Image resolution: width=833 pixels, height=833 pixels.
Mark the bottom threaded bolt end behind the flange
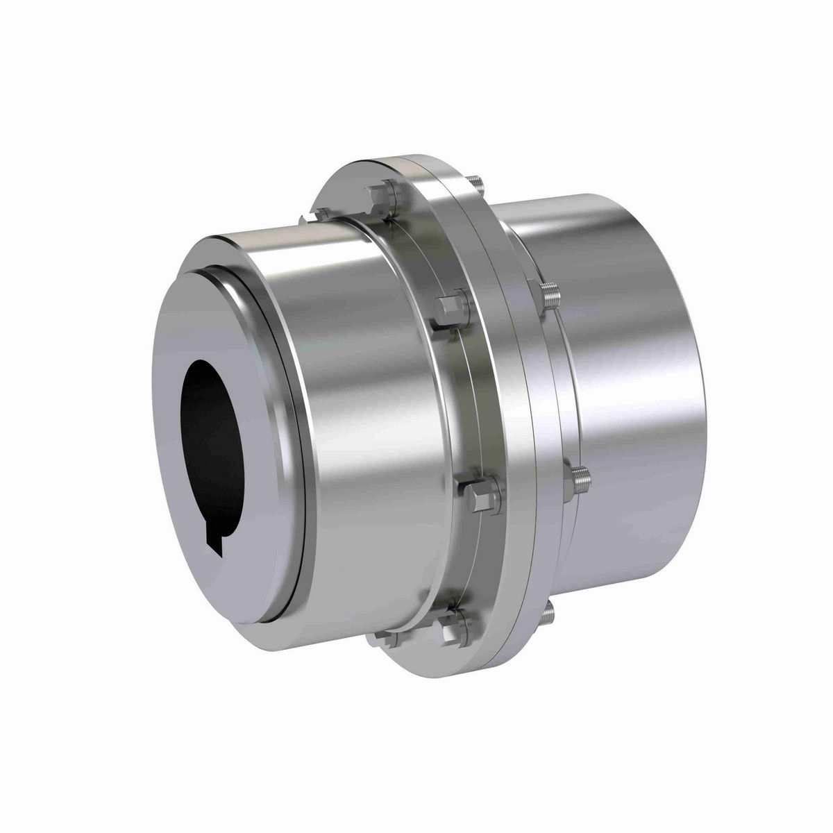tap(549, 610)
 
